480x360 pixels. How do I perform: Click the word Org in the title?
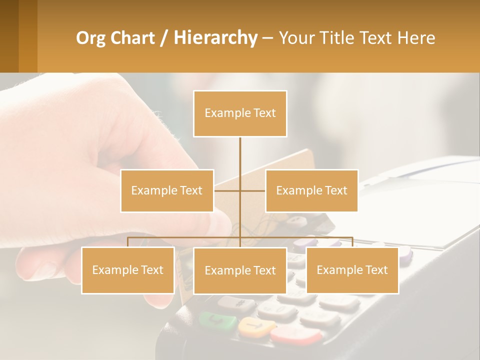[90, 38]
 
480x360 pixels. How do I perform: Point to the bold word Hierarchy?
[215, 38]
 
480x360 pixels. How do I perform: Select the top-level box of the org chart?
[240, 113]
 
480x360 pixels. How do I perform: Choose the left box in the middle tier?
[167, 190]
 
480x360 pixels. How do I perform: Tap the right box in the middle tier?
[311, 190]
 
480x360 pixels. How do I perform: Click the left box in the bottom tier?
[128, 270]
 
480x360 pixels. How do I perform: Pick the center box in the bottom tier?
[240, 270]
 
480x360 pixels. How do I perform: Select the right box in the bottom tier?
[352, 270]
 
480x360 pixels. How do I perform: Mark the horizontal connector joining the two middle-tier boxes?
[240, 190]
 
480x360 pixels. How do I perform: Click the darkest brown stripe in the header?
[9, 36]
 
